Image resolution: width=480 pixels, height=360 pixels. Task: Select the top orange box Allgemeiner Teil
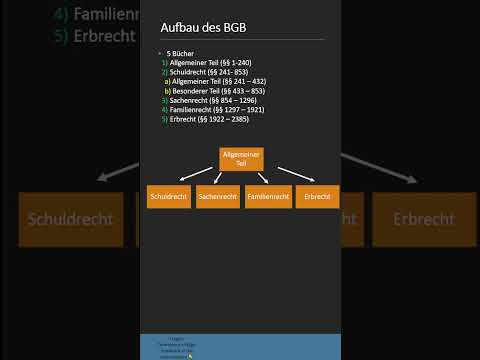[240, 158]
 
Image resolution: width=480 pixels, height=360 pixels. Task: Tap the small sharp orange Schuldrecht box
[168, 197]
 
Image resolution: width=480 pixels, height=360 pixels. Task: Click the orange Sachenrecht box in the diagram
[217, 197]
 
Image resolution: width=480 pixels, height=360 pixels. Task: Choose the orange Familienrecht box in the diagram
[267, 197]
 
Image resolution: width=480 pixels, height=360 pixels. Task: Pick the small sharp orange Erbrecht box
[318, 197]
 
